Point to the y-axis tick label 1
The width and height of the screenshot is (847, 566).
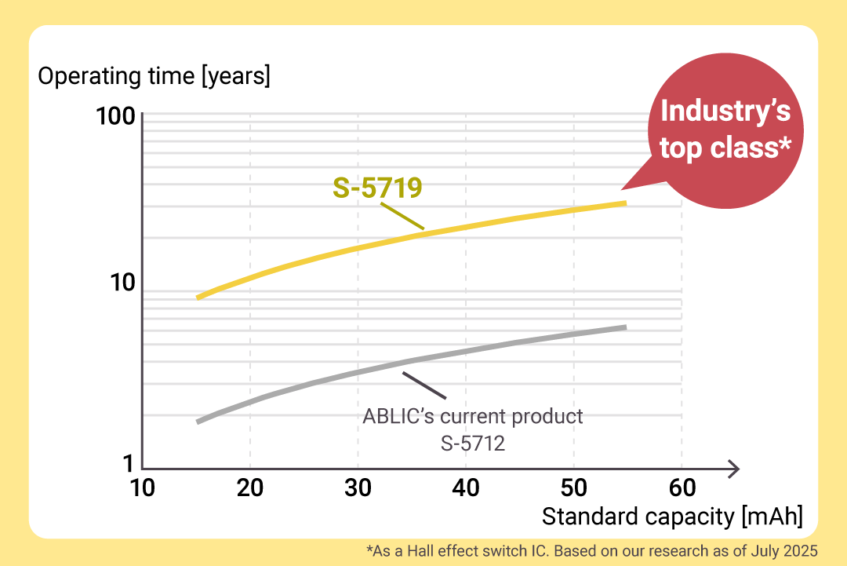pos(127,465)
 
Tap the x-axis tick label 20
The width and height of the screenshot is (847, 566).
pos(249,487)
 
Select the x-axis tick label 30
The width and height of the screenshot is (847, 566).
pos(358,487)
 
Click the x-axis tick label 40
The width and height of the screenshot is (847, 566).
pos(466,487)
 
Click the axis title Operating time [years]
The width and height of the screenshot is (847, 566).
pos(154,77)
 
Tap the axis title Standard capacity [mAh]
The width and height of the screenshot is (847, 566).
pos(672,517)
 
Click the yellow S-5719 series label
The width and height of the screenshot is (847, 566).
pos(377,188)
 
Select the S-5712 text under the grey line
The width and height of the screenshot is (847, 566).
pos(473,444)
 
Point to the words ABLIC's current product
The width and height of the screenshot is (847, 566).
pos(473,416)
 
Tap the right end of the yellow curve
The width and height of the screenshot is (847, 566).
pos(624,203)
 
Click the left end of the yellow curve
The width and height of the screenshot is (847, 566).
pos(198,298)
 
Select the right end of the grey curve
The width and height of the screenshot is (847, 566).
pos(624,327)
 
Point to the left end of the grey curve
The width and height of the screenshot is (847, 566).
pos(198,422)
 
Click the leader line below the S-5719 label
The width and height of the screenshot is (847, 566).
pos(402,216)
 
